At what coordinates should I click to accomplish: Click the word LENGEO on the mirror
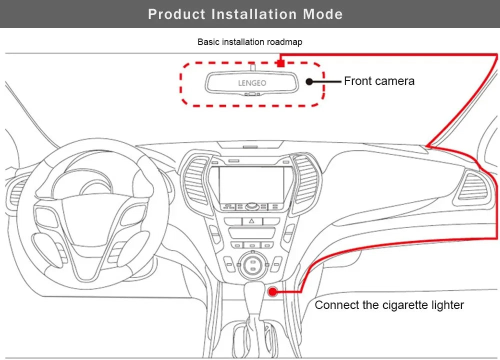click(252, 83)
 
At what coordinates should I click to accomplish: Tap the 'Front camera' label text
click(379, 81)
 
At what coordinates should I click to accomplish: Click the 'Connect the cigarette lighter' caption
click(389, 305)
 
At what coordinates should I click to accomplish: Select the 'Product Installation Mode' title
click(245, 14)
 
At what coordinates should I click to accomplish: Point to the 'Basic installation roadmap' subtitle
click(249, 42)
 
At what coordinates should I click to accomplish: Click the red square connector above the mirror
click(281, 63)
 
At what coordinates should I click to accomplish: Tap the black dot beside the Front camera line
click(309, 81)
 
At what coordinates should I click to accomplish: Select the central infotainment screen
click(251, 184)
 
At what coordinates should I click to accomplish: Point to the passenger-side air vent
click(472, 186)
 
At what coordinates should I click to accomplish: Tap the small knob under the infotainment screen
click(251, 206)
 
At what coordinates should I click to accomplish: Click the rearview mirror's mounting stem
click(252, 66)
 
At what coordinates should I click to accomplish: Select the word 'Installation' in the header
click(254, 14)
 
